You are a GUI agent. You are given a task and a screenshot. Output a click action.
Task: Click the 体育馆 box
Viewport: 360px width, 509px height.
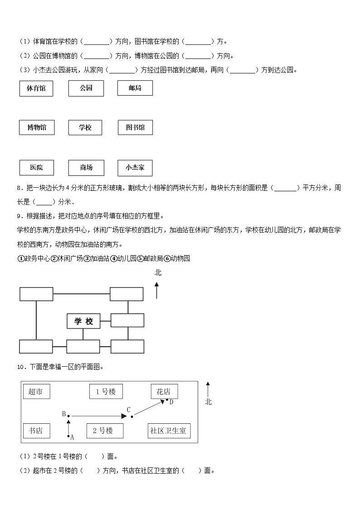[36, 88]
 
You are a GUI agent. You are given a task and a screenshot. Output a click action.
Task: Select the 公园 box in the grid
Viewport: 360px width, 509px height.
[86, 88]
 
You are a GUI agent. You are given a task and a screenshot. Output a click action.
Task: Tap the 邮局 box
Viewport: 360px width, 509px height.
[135, 88]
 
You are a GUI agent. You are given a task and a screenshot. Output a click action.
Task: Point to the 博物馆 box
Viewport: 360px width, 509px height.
[36, 127]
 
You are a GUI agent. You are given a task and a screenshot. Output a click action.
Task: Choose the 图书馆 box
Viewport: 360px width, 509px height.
[135, 127]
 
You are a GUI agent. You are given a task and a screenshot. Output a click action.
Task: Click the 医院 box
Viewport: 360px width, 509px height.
[36, 167]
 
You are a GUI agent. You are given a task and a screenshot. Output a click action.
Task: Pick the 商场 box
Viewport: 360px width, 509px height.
[86, 167]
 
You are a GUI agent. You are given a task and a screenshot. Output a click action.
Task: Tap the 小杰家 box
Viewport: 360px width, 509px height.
[135, 167]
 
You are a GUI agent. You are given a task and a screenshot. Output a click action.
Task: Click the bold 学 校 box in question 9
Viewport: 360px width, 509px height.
[83, 321]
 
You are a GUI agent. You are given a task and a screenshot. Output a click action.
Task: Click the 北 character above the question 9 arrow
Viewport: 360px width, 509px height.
[158, 272]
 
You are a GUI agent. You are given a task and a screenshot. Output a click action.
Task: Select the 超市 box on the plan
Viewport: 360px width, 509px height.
[36, 392]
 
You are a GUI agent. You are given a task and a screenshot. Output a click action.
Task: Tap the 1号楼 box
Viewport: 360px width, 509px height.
[105, 392]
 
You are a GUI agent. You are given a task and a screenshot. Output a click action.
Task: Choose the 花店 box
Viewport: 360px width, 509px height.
[164, 392]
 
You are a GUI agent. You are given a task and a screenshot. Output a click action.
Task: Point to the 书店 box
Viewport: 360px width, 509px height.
[36, 431]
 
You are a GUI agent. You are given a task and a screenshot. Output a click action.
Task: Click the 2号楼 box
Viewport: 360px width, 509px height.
[105, 431]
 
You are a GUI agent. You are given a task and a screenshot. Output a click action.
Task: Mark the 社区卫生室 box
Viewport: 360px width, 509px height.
[169, 431]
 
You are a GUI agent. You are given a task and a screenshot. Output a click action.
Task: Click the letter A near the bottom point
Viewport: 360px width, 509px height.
[72, 437]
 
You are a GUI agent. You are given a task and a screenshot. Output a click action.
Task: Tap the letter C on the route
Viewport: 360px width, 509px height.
[128, 410]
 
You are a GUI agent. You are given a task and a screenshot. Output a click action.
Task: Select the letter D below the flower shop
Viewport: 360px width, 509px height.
[171, 402]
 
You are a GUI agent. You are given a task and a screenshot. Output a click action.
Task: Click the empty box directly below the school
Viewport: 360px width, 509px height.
[83, 346]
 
